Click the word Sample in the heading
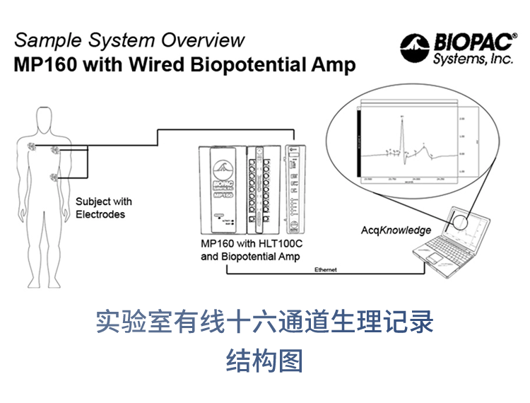(x=42, y=40)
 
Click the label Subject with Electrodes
(x=103, y=208)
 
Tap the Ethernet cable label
(x=326, y=269)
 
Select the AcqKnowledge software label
(x=396, y=230)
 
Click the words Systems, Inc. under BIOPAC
(x=473, y=59)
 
